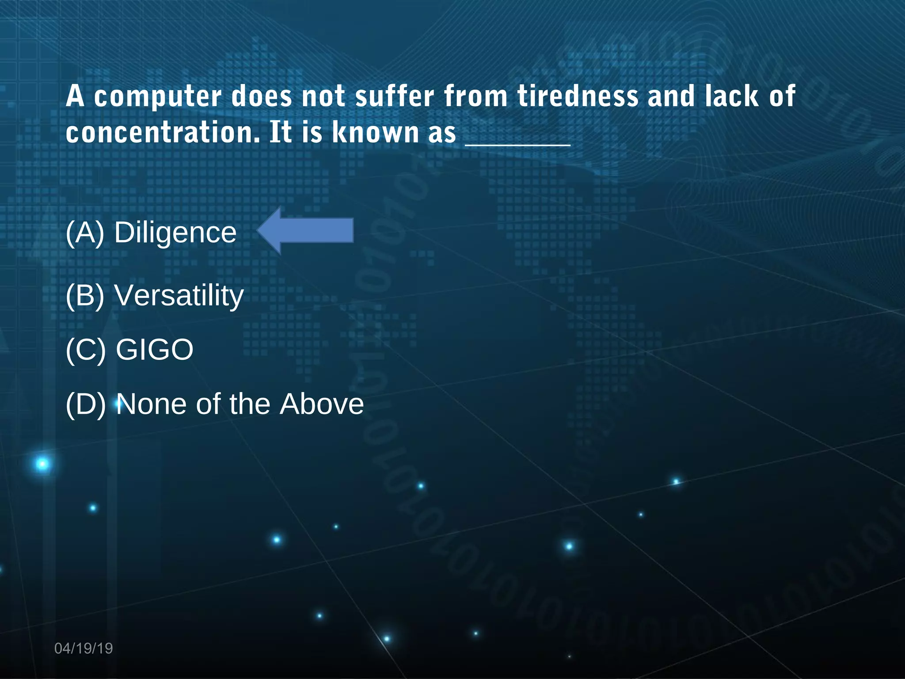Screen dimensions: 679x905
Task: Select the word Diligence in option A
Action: (175, 233)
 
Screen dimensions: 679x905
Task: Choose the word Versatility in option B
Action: (179, 296)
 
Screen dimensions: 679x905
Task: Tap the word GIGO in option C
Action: (155, 350)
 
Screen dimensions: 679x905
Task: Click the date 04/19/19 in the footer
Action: (84, 648)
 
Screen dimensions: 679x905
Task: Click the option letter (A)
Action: (85, 233)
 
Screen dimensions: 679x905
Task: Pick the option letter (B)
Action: (85, 296)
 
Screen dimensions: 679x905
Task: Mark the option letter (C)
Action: (86, 350)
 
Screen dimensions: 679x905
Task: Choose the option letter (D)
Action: (86, 404)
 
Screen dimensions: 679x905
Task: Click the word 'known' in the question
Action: (375, 133)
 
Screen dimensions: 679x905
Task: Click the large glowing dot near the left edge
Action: (42, 464)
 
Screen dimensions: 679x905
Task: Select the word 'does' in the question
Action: (262, 96)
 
